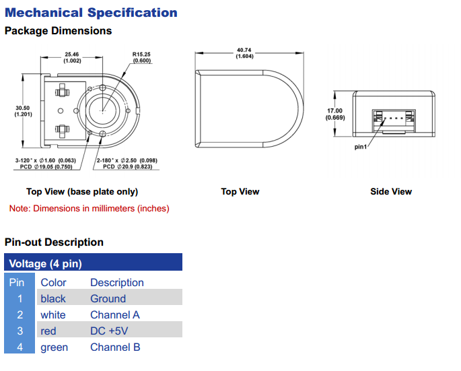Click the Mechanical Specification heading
tap(91, 12)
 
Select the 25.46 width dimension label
tap(72, 57)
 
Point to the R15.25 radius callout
tap(142, 57)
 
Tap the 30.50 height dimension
tap(23, 110)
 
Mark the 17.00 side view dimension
tap(334, 114)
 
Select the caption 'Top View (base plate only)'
tap(82, 192)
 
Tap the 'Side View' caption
tap(391, 192)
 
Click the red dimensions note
tap(89, 209)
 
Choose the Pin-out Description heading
tap(54, 242)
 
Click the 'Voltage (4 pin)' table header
tap(45, 264)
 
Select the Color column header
tap(53, 283)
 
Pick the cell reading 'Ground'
tap(108, 299)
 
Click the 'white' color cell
tap(52, 315)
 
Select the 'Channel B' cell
tap(115, 347)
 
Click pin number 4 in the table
tap(20, 347)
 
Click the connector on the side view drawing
tap(394, 119)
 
